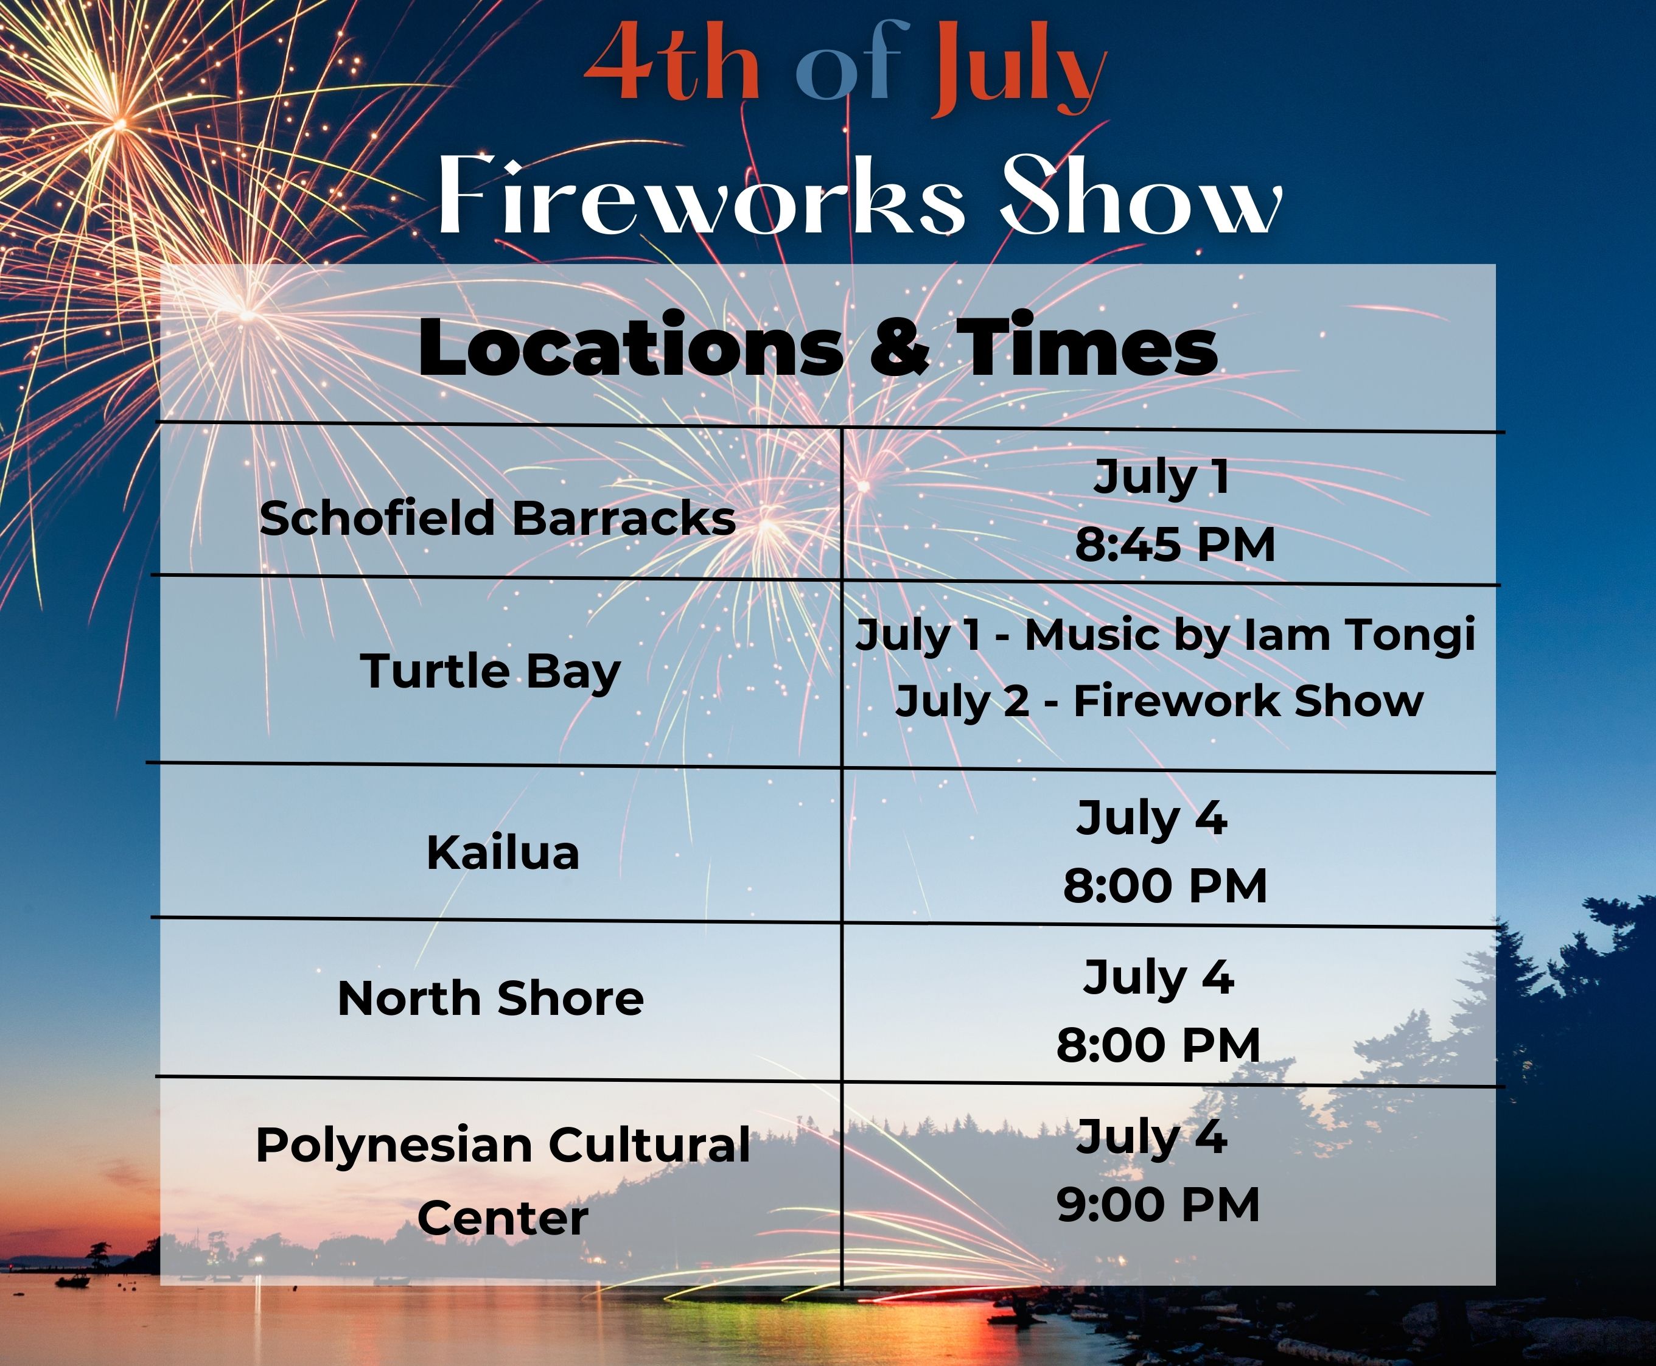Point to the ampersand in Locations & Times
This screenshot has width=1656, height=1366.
coord(899,346)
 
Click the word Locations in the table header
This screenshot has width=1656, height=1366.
coord(631,346)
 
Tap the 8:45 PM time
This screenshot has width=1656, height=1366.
coord(1175,544)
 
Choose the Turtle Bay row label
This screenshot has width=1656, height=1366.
coord(491,671)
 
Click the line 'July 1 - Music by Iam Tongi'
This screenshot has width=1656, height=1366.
coord(1165,635)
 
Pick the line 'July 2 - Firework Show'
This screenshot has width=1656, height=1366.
coord(1159,700)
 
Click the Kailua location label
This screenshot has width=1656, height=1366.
coord(503,852)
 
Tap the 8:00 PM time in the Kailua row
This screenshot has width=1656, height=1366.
coord(1165,885)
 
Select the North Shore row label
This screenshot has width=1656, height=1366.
coord(491,998)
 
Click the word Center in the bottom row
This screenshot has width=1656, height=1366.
coord(503,1218)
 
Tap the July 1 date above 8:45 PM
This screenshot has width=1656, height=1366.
coord(1162,478)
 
